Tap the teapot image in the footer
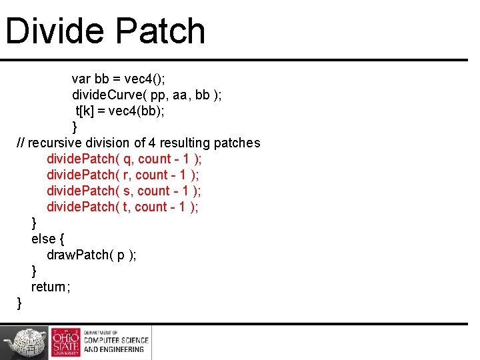[x=25, y=342]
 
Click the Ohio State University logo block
[x=65, y=342]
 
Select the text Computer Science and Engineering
[x=117, y=342]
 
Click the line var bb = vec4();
[x=123, y=79]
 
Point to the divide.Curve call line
[x=147, y=95]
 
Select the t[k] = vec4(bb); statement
[x=120, y=111]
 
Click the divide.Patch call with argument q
[x=124, y=159]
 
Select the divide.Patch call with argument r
[x=123, y=175]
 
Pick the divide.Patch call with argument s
[x=124, y=191]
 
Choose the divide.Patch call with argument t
[x=123, y=207]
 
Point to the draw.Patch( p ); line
[x=91, y=255]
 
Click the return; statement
[x=51, y=287]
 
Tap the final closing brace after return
[x=19, y=303]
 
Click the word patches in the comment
[x=237, y=143]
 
